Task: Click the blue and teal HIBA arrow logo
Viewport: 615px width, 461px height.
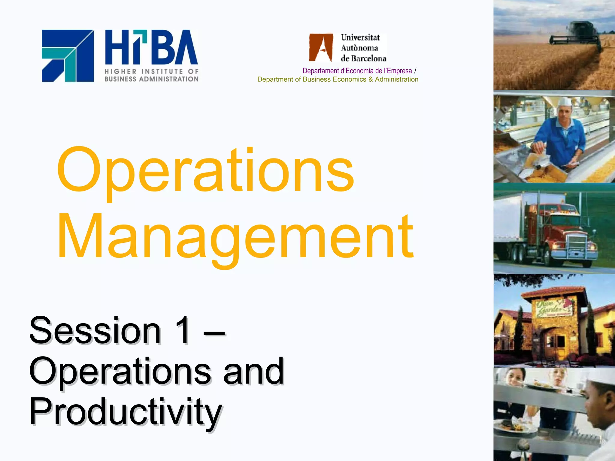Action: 68,56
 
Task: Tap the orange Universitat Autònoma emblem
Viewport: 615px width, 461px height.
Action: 321,47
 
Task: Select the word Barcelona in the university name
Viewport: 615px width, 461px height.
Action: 369,58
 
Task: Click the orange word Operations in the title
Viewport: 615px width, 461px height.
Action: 205,170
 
